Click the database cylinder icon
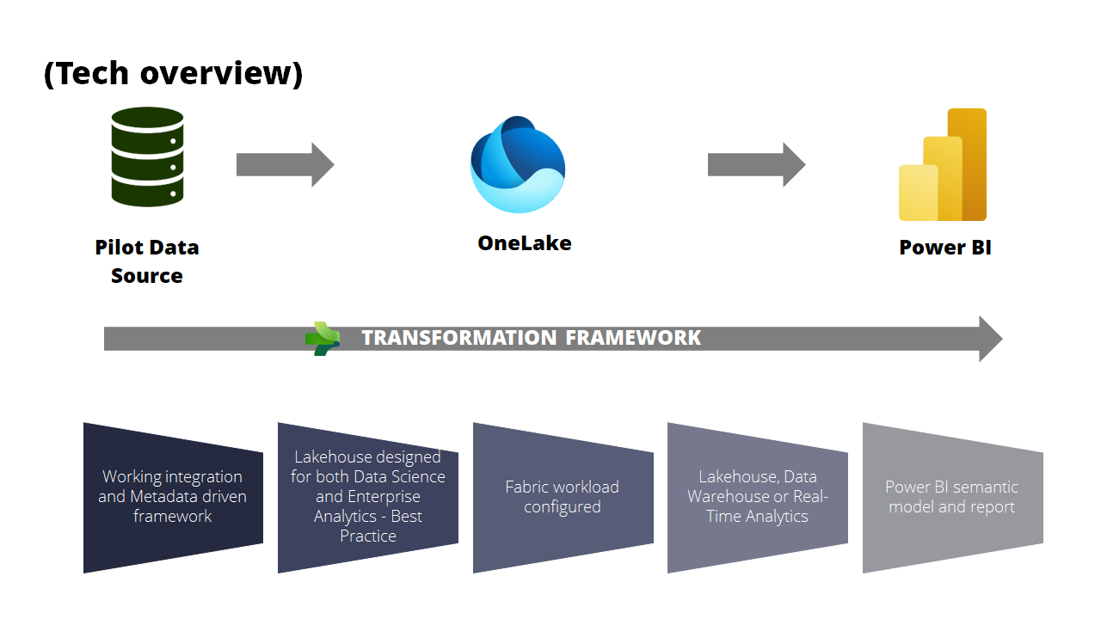[147, 156]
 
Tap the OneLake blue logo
[518, 165]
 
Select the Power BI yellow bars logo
[943, 166]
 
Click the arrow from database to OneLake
[285, 164]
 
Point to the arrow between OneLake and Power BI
[756, 164]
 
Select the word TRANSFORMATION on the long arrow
[460, 338]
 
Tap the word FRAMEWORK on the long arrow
[633, 338]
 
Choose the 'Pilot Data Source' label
[147, 261]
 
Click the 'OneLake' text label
[525, 243]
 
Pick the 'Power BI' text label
[945, 248]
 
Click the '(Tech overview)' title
[173, 74]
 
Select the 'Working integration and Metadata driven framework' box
[173, 497]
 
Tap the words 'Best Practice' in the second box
[368, 526]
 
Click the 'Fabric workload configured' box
[563, 497]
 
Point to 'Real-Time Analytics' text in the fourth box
[758, 507]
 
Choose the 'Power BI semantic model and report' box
[952, 497]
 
